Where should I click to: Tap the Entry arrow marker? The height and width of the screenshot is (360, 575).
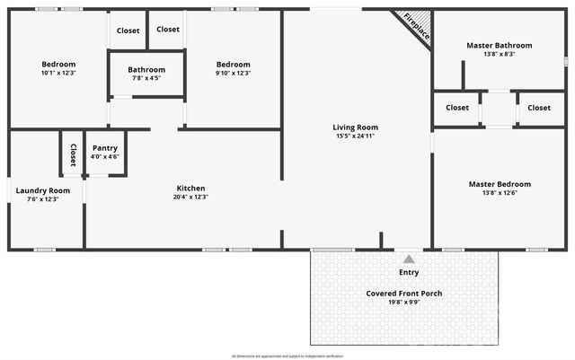click(409, 259)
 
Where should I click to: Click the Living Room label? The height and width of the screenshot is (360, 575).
click(356, 127)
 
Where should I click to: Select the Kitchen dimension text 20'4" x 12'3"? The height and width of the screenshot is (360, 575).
click(190, 197)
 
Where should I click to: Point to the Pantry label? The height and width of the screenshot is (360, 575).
click(105, 148)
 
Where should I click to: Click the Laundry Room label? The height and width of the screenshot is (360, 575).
click(42, 190)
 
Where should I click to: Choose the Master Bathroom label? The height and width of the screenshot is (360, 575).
click(499, 45)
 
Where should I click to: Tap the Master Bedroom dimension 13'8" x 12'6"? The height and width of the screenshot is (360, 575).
click(500, 192)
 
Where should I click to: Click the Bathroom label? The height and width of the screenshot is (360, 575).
click(146, 69)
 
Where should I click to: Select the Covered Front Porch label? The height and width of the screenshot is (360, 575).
click(404, 294)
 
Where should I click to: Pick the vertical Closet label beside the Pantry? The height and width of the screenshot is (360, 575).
click(73, 154)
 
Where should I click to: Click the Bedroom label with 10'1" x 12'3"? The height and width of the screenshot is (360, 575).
click(58, 64)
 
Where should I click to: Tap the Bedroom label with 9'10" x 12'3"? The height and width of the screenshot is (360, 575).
click(233, 64)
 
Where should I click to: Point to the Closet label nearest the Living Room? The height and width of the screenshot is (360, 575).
click(457, 108)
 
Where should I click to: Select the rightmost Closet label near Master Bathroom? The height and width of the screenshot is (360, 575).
click(539, 108)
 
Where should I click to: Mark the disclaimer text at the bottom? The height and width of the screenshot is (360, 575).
click(287, 356)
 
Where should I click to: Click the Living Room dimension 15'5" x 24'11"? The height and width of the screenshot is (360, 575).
click(356, 136)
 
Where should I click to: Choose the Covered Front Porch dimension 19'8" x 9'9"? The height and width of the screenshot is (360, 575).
click(404, 303)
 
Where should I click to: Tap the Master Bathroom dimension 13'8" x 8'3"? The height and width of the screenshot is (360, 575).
click(499, 54)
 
